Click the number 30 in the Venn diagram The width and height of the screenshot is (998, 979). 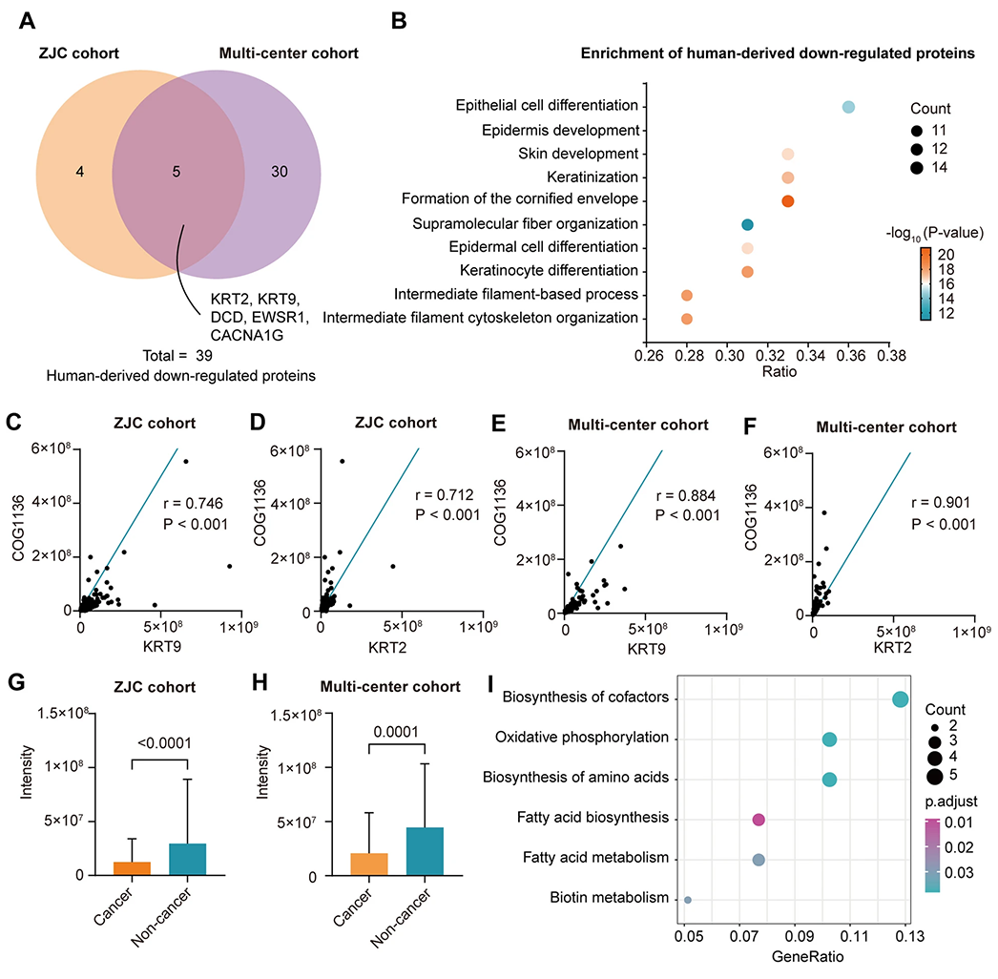pyautogui.click(x=280, y=171)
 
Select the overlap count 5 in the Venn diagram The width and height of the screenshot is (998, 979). pyautogui.click(x=177, y=171)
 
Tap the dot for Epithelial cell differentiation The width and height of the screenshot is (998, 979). pyautogui.click(x=848, y=107)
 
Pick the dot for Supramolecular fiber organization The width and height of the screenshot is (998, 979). pyautogui.click(x=747, y=224)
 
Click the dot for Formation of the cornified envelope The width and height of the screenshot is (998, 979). pyautogui.click(x=788, y=201)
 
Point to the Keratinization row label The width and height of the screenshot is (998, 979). pyautogui.click(x=592, y=177)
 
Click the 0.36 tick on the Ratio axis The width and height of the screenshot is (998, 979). pyautogui.click(x=851, y=355)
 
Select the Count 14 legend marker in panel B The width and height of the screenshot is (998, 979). pyautogui.click(x=917, y=168)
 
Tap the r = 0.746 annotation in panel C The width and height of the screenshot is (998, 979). pyautogui.click(x=194, y=504)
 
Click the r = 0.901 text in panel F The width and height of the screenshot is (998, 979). pyautogui.click(x=941, y=502)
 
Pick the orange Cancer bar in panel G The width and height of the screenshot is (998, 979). pyautogui.click(x=132, y=868)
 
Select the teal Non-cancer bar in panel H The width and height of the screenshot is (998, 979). pyautogui.click(x=425, y=852)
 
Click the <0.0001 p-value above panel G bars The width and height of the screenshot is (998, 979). pyautogui.click(x=164, y=743)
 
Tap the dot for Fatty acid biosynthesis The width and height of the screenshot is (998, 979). pyautogui.click(x=759, y=820)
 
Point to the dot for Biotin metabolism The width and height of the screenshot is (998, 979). pyautogui.click(x=687, y=900)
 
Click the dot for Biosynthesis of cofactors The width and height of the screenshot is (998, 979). pyautogui.click(x=900, y=698)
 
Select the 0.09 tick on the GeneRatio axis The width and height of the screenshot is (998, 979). pyautogui.click(x=799, y=936)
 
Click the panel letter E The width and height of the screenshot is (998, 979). pyautogui.click(x=498, y=424)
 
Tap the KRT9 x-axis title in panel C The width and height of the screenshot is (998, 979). pyautogui.click(x=161, y=647)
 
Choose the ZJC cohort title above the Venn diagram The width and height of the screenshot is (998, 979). pyautogui.click(x=79, y=53)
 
